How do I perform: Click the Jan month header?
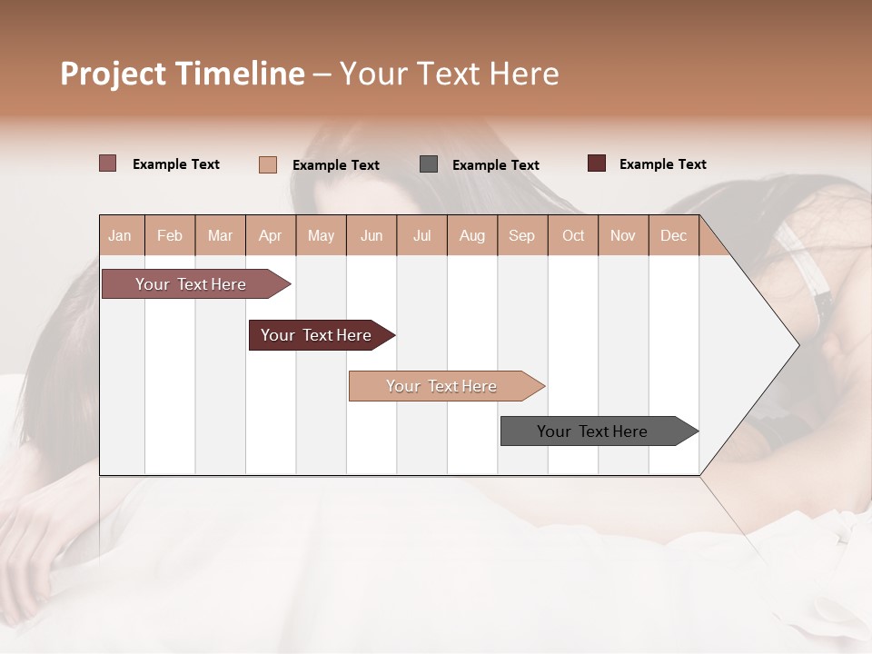pyautogui.click(x=120, y=236)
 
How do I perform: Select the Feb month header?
pyautogui.click(x=170, y=236)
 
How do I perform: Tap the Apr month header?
pyautogui.click(x=271, y=236)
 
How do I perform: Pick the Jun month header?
pyautogui.click(x=372, y=236)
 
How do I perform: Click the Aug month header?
pyautogui.click(x=472, y=236)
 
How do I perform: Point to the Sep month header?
pyautogui.click(x=522, y=236)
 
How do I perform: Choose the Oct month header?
pyautogui.click(x=573, y=236)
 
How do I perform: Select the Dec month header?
pyautogui.click(x=674, y=236)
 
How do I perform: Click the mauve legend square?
pyautogui.click(x=107, y=163)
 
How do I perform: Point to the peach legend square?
pyautogui.click(x=267, y=164)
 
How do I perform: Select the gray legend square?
pyautogui.click(x=429, y=164)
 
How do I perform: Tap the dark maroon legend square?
pyautogui.click(x=597, y=163)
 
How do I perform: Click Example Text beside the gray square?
pyautogui.click(x=496, y=165)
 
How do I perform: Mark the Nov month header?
pyautogui.click(x=623, y=236)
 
